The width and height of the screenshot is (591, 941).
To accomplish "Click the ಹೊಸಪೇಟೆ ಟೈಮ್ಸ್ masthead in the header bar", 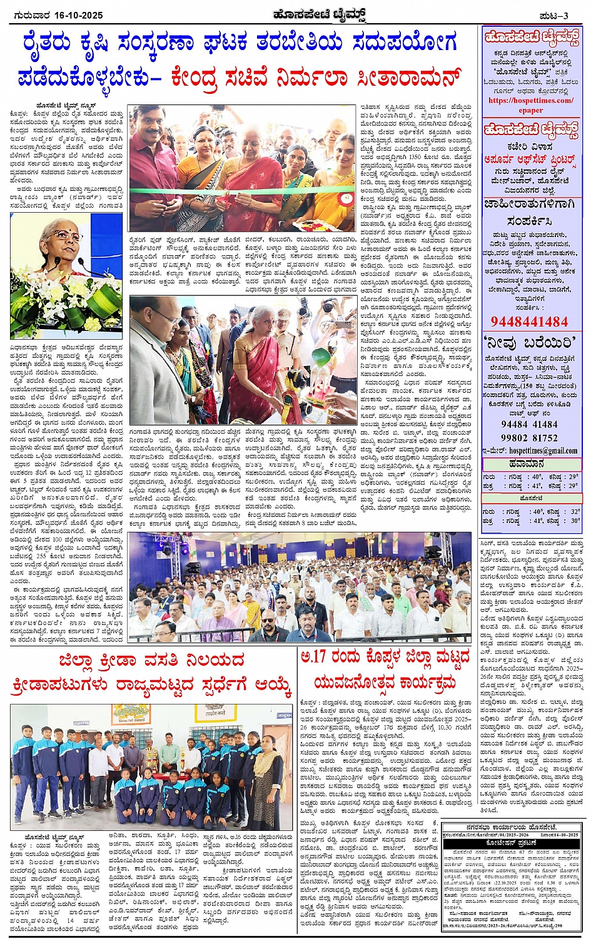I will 323,14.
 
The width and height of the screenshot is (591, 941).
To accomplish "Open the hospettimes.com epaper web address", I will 530,104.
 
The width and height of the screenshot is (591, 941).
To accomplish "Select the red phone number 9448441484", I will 529,322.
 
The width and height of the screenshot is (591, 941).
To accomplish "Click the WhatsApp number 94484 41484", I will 529,424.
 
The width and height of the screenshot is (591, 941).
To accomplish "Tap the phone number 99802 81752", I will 529,438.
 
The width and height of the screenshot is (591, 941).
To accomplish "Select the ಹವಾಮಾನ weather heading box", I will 530,464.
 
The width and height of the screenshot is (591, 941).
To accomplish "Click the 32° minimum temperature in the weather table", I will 574,511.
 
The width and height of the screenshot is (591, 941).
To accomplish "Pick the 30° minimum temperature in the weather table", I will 574,521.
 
